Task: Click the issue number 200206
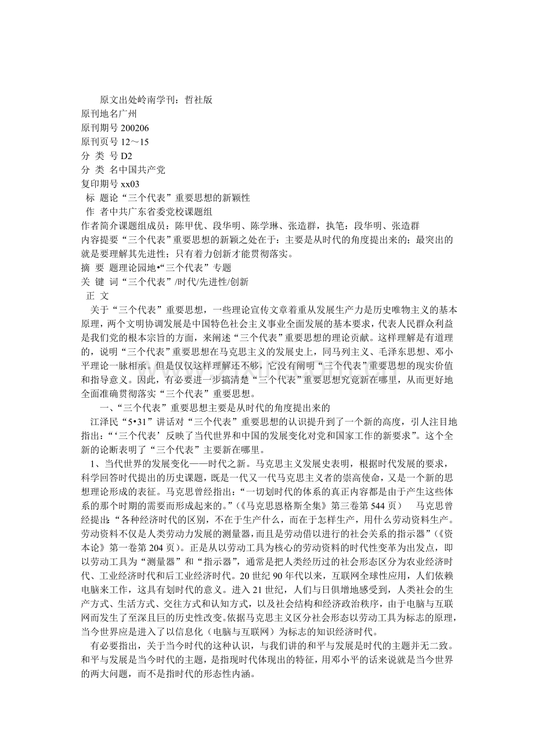click(x=135, y=128)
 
